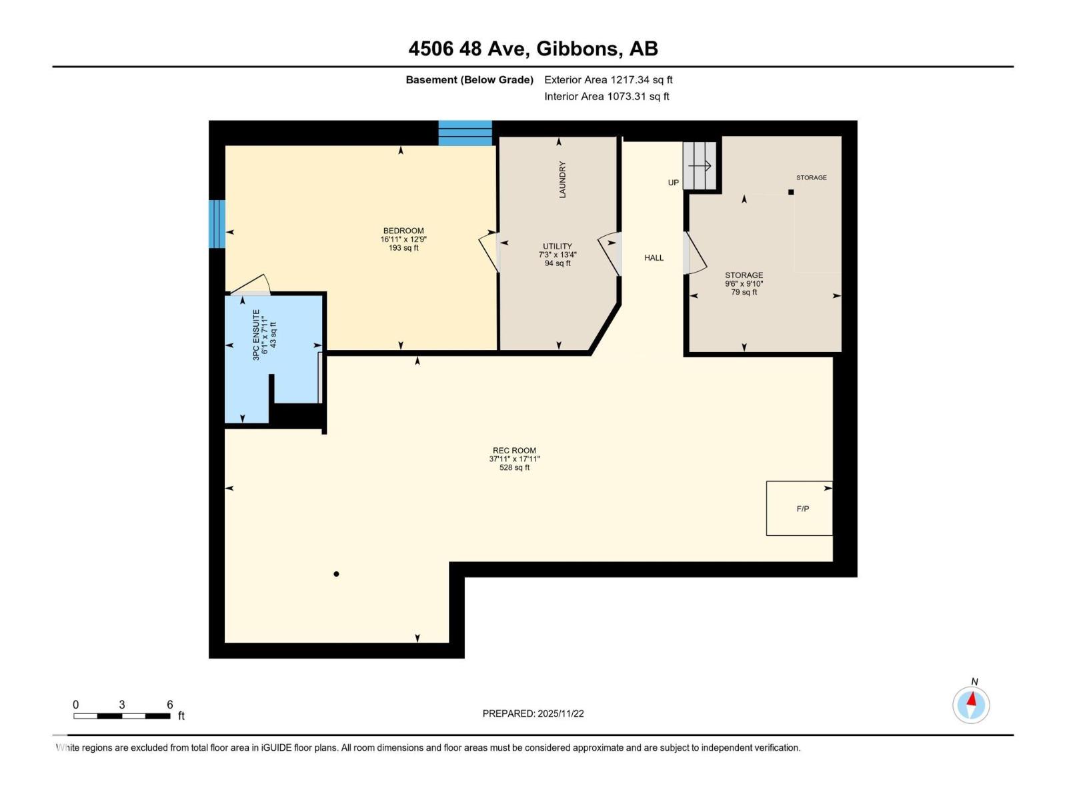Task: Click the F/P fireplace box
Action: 799,508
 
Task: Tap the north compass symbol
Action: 971,704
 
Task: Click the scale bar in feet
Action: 122,715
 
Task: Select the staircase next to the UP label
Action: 700,165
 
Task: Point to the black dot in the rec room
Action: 336,573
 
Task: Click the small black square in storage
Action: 791,192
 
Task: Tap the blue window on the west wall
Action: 217,223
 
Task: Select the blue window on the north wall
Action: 465,133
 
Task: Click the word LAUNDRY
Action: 562,179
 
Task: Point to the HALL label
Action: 654,257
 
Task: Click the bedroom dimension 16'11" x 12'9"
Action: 403,239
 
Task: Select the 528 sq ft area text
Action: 514,467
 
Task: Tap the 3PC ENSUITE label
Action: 256,335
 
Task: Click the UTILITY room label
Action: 557,246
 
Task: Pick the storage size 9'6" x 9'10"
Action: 744,283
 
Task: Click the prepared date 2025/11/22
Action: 560,713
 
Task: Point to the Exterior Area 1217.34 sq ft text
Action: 608,79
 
